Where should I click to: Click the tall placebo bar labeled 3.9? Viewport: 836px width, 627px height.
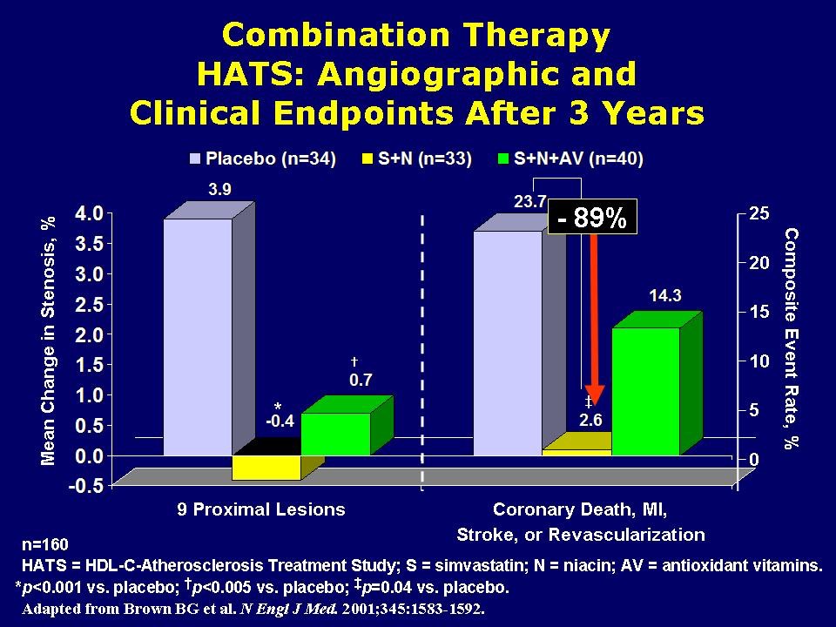(x=198, y=335)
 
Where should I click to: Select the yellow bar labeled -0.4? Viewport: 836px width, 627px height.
(x=266, y=467)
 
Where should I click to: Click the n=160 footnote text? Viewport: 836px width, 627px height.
(x=41, y=545)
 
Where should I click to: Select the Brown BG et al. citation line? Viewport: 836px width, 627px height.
(x=253, y=606)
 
